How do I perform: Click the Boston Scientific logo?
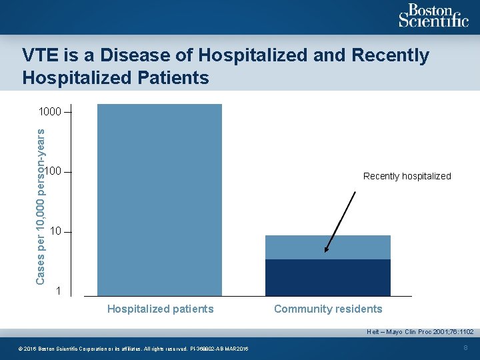coord(433,16)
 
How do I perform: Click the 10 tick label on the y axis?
coord(55,231)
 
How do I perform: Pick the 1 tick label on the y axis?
coord(59,291)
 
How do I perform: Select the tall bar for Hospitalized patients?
coord(159,200)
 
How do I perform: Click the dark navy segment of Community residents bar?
coord(327,277)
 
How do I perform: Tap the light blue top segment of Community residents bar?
coord(327,247)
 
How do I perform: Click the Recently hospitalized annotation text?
coord(407,177)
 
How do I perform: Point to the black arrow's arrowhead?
coord(326,251)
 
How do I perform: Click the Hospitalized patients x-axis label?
coord(160,309)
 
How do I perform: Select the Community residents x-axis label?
coord(328,309)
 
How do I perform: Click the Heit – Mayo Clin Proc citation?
coord(420,331)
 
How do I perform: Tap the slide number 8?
coord(465,347)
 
